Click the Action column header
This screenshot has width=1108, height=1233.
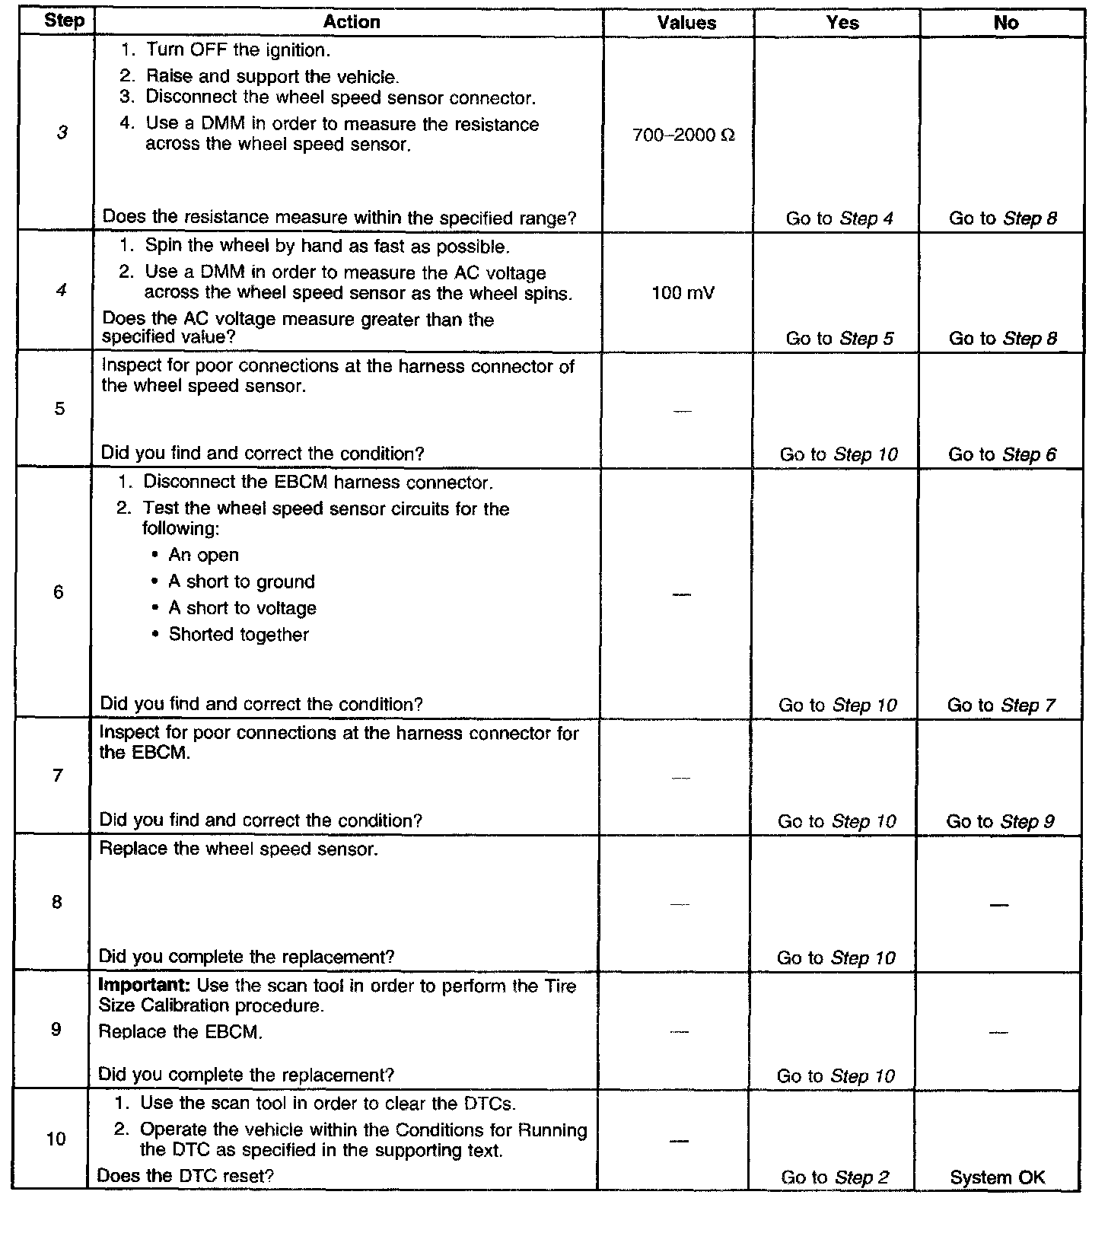click(x=351, y=22)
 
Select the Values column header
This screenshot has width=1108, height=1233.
click(x=686, y=23)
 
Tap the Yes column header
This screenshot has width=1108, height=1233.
click(x=842, y=23)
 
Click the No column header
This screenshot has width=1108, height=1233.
click(x=1005, y=23)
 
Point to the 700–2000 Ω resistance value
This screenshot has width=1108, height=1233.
click(x=683, y=136)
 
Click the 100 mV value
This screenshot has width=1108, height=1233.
click(x=683, y=293)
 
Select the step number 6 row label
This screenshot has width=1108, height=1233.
click(x=59, y=592)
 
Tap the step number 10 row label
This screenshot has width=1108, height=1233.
click(x=56, y=1139)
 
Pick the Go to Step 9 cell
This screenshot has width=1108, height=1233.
click(x=1000, y=821)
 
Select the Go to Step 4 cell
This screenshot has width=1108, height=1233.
click(x=839, y=219)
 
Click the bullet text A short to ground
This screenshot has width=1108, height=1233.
click(x=241, y=582)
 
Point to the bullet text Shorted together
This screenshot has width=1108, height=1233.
click(x=238, y=635)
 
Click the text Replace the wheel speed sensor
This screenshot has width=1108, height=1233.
click(x=238, y=849)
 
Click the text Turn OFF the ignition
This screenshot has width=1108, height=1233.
click(x=237, y=50)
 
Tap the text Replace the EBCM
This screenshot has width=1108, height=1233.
click(x=180, y=1032)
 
